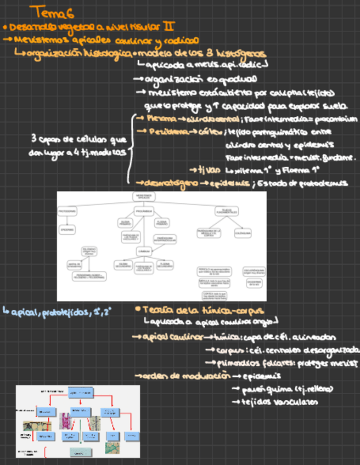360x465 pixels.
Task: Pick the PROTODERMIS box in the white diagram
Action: [67, 211]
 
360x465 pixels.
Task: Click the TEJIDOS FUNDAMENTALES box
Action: [226, 211]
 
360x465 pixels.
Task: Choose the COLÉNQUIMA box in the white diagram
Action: [243, 233]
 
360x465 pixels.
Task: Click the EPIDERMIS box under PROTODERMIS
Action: [67, 230]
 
